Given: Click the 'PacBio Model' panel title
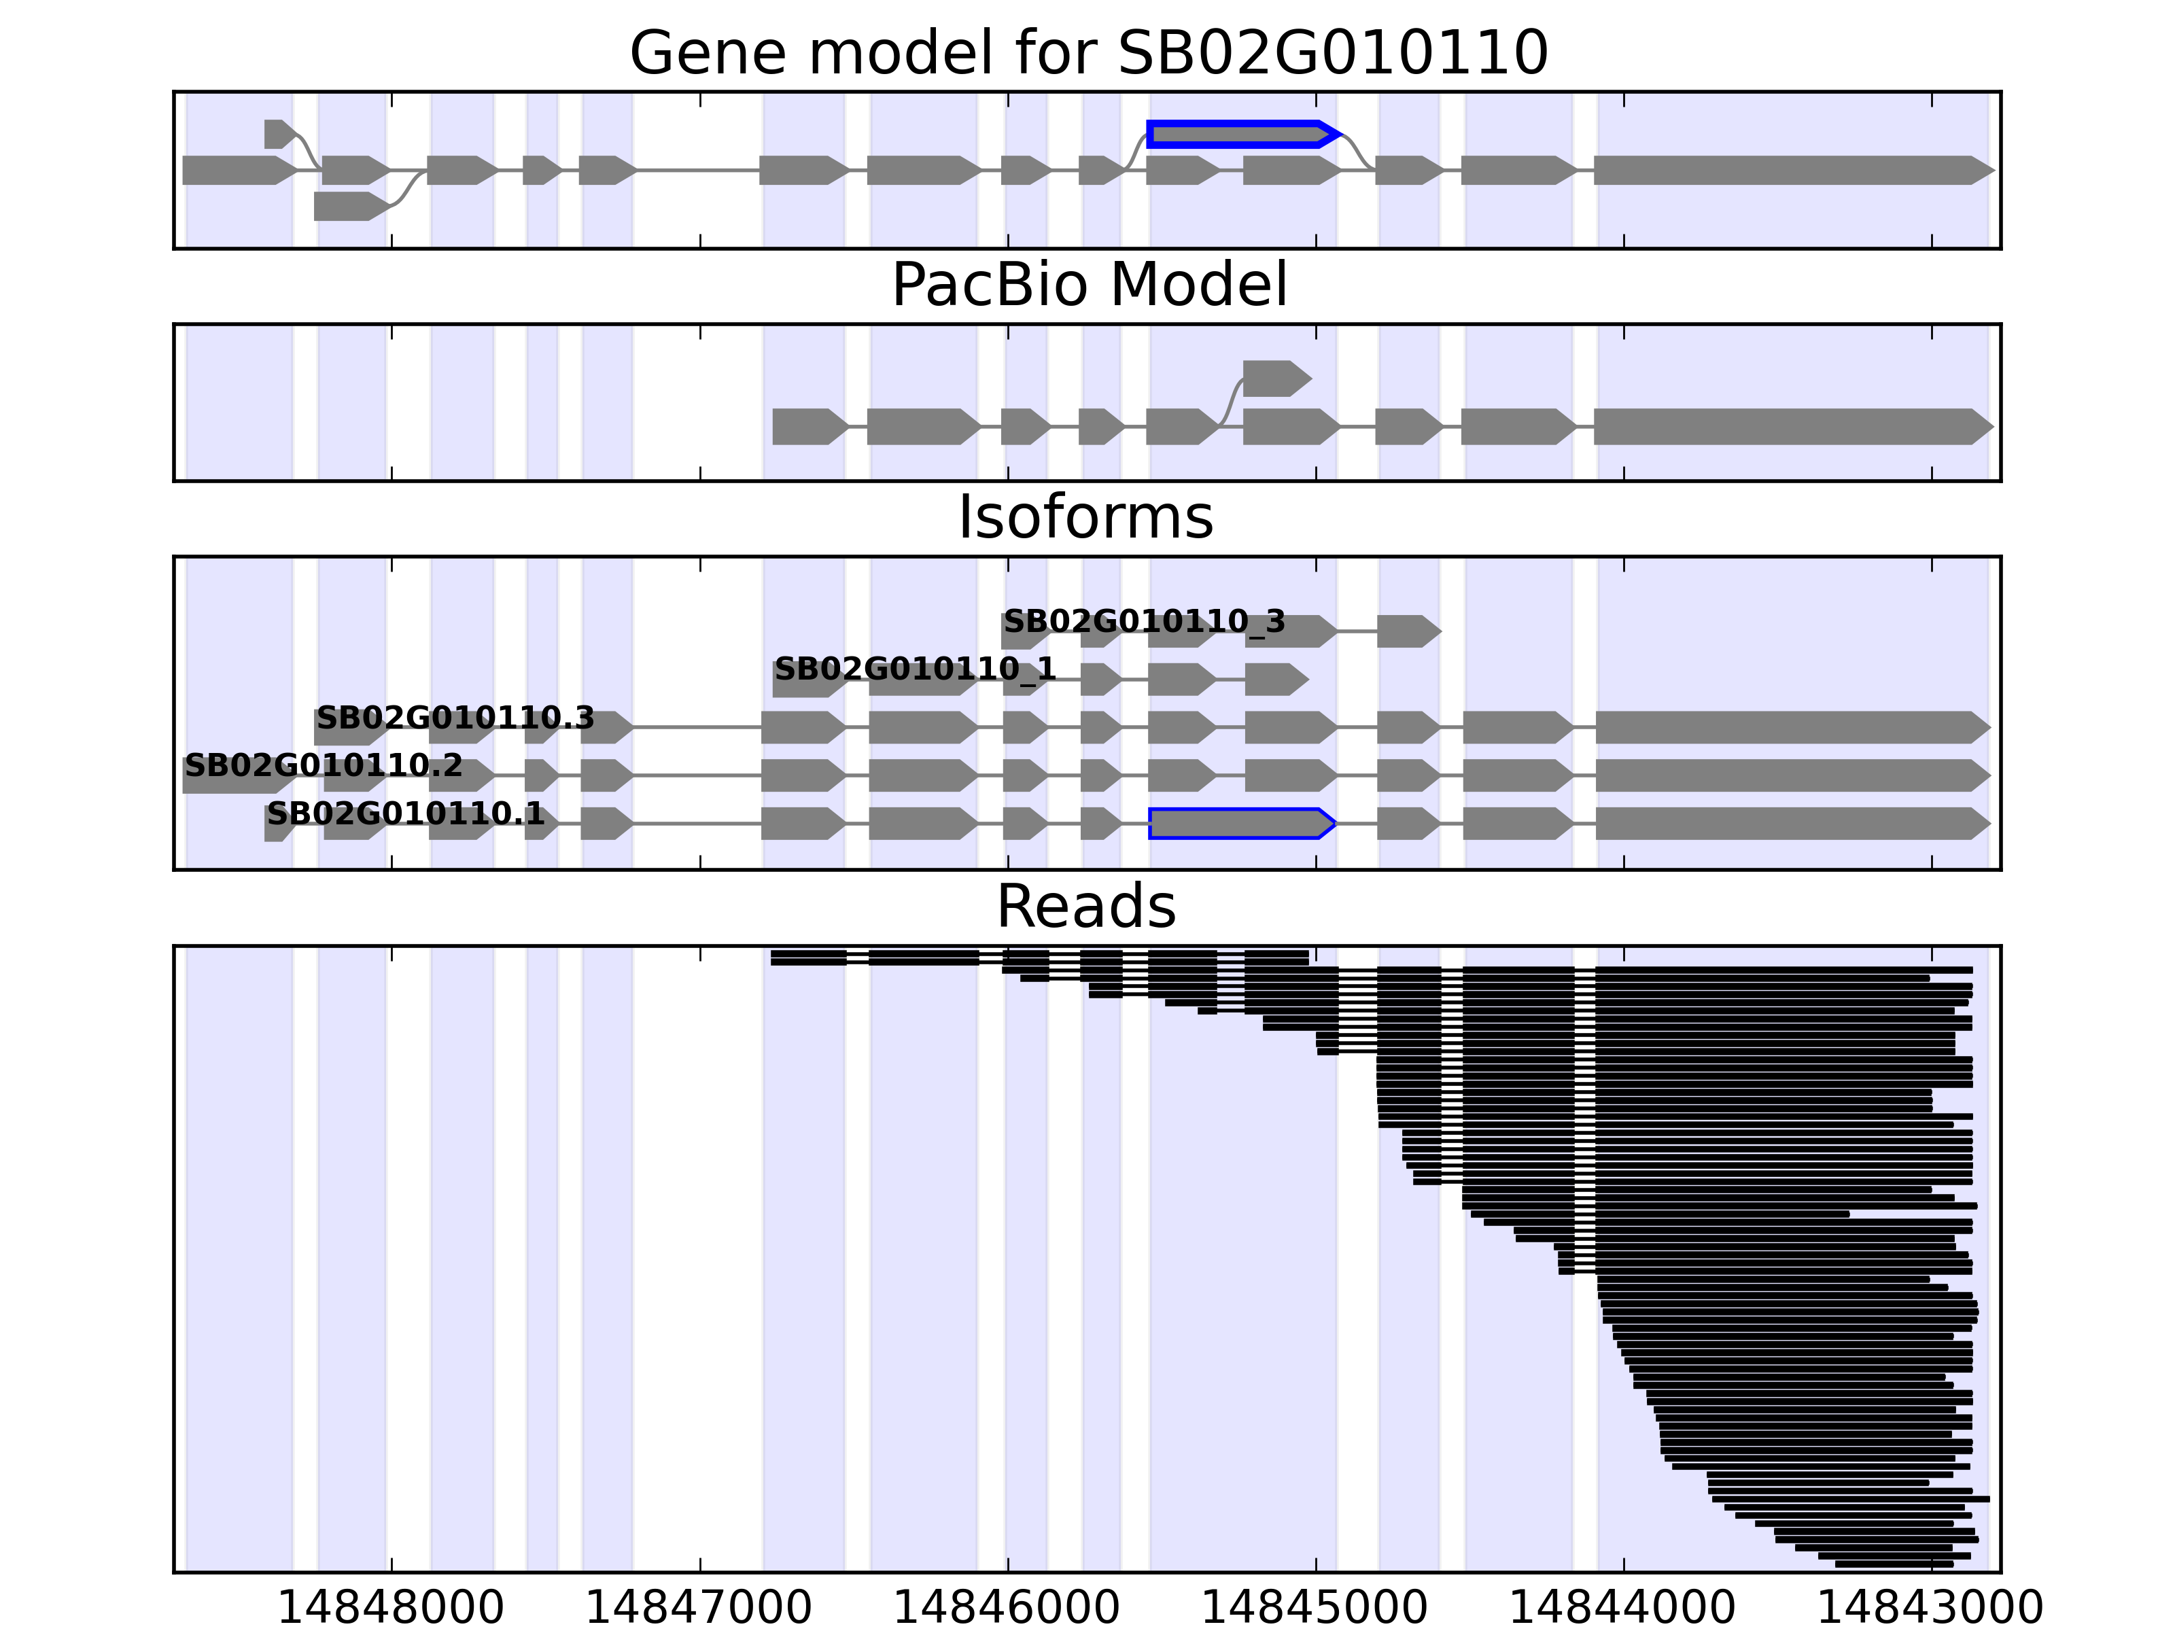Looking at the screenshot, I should [x=1088, y=285].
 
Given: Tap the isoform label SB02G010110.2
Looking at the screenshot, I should [x=324, y=766].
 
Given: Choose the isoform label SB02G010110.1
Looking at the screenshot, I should [x=405, y=814].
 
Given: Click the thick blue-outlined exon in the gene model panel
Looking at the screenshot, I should [x=1241, y=134].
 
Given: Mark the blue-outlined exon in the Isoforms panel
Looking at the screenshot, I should [x=1241, y=824].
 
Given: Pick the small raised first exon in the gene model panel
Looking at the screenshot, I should [x=278, y=134].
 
